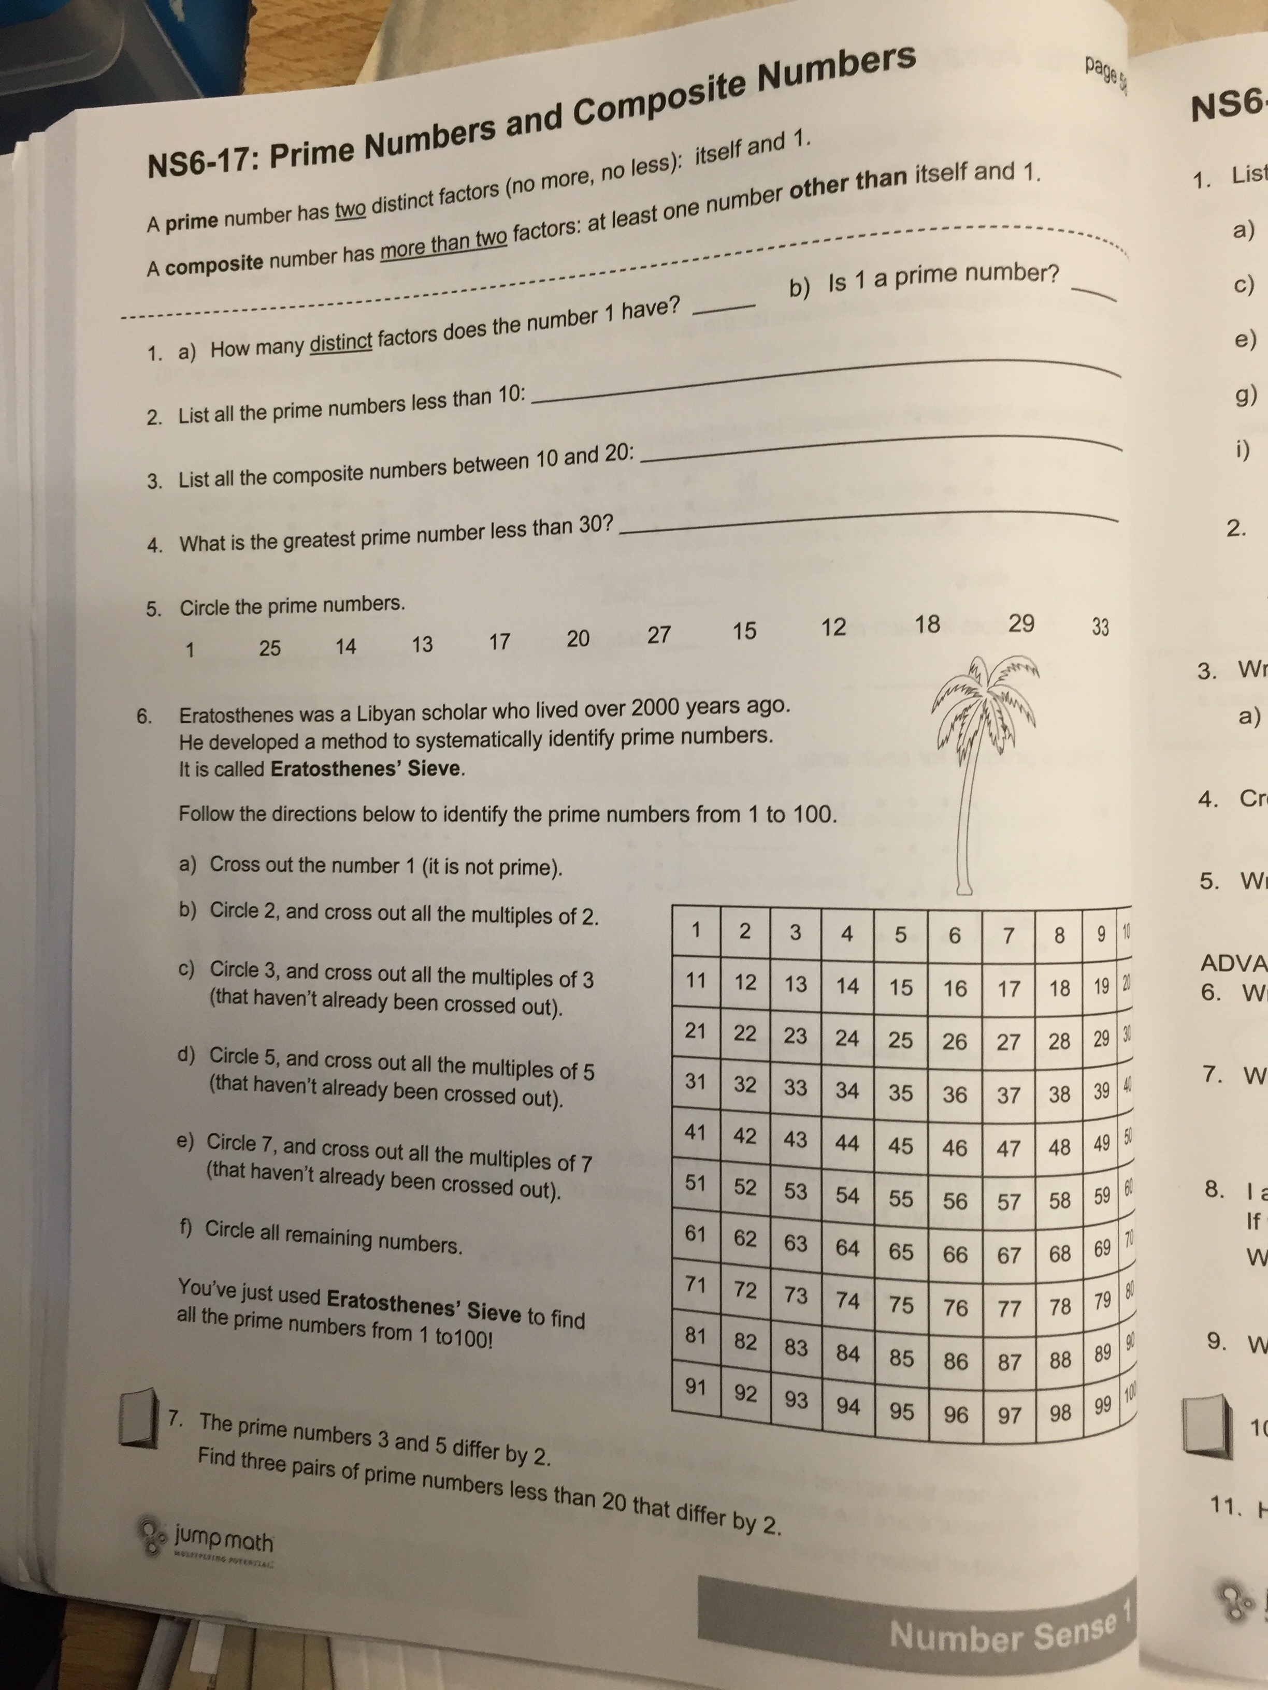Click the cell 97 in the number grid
[x=1009, y=1416]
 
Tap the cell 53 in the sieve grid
[x=796, y=1190]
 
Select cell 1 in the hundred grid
[x=696, y=930]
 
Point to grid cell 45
[x=900, y=1146]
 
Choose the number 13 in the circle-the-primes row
[x=422, y=644]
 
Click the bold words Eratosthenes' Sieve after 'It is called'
[x=367, y=768]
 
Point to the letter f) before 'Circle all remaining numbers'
[x=185, y=1229]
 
